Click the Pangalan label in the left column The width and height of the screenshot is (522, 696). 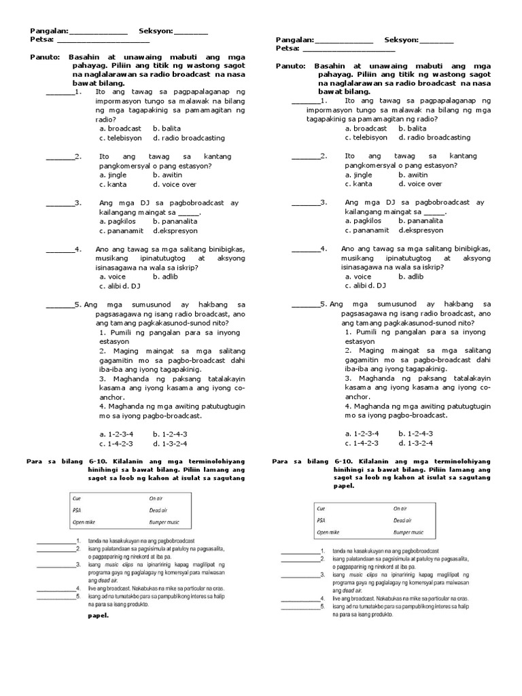tap(48, 31)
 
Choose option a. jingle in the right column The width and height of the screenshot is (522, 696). tap(359, 175)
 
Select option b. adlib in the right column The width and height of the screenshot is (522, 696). tap(411, 277)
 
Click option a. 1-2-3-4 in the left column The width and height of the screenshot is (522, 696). tap(116, 433)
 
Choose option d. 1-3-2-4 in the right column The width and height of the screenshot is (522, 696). tap(416, 442)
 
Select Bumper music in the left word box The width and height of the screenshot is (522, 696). tap(167, 522)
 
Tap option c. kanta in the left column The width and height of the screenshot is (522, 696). tap(112, 184)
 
